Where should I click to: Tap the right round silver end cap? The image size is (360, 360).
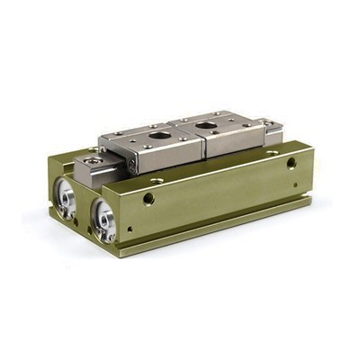104,220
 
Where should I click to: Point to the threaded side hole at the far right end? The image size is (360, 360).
291,163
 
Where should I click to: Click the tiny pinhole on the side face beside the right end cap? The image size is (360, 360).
129,229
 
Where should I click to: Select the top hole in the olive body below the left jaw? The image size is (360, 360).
158,181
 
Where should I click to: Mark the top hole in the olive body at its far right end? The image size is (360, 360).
273,152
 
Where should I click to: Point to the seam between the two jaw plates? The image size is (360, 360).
203,144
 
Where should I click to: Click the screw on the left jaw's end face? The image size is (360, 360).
133,166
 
